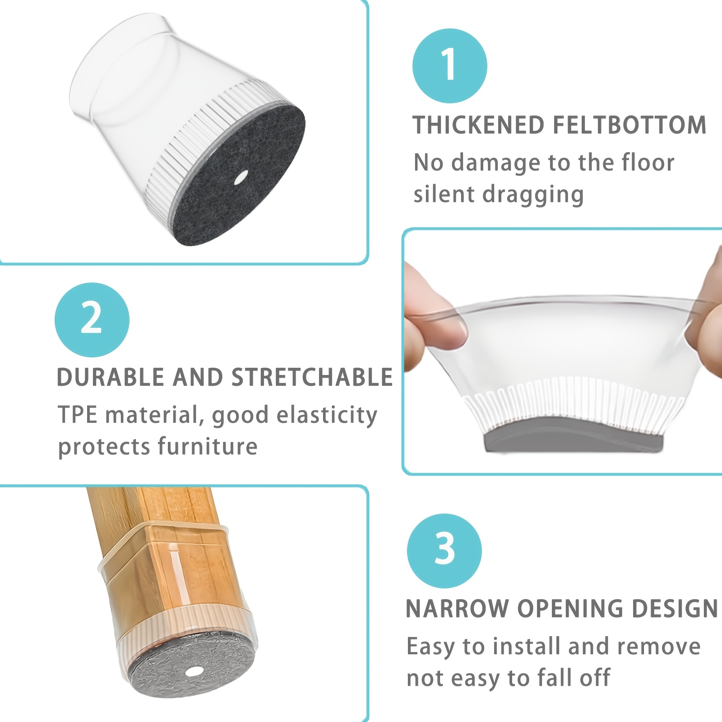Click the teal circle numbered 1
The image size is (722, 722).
click(450, 66)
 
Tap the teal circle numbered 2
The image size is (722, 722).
click(92, 320)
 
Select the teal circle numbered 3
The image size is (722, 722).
click(444, 551)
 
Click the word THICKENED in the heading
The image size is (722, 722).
click(479, 125)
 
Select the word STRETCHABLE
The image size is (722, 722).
click(312, 377)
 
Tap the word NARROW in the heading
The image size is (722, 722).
click(457, 608)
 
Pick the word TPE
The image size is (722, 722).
click(78, 414)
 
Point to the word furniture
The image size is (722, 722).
click(208, 446)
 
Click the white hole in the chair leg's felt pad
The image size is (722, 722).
click(194, 673)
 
